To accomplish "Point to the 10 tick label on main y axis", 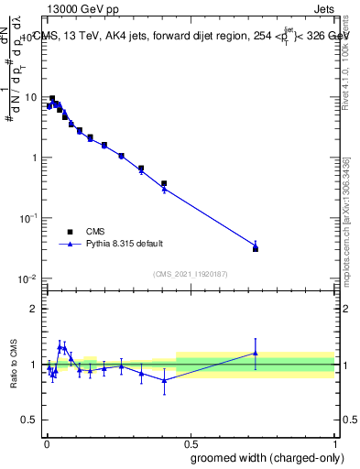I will pos(32,97).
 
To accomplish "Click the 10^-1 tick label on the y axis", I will pos(30,218).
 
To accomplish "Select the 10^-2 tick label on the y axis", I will pos(30,278).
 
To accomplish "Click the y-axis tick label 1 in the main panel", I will pos(35,158).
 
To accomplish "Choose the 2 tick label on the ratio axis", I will pos(35,309).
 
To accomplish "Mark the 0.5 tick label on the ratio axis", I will pos(30,420).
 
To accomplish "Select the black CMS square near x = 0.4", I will pos(164,183).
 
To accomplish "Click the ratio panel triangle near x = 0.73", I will pos(256,354).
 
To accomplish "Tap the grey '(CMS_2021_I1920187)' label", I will pos(191,273).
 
